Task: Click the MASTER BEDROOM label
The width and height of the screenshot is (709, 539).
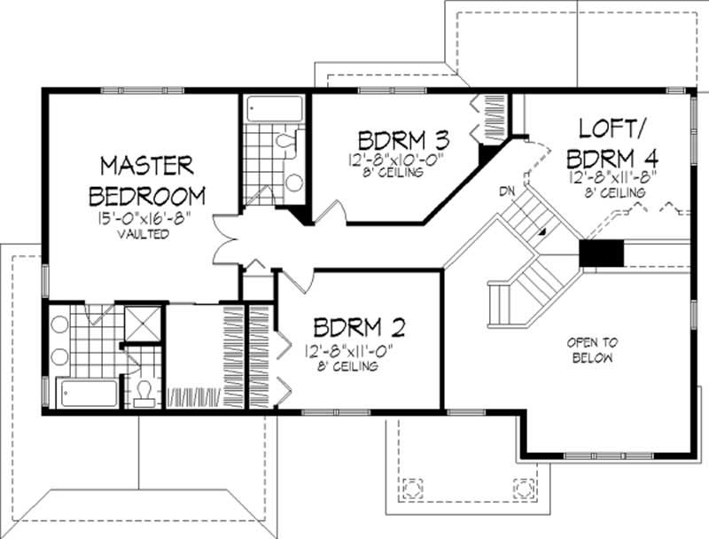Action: [146, 179]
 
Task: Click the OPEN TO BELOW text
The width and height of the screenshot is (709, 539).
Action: [593, 349]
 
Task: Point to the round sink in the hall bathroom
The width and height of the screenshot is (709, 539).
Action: [294, 182]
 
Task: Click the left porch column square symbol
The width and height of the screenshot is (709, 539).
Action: [412, 488]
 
